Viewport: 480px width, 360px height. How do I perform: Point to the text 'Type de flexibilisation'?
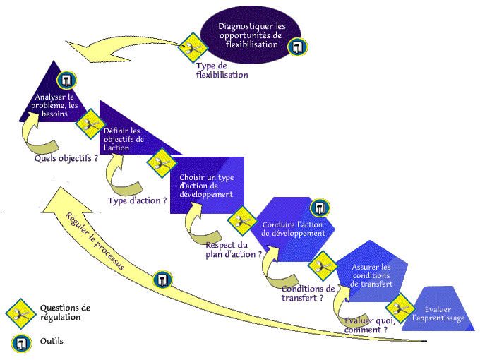coord(222,71)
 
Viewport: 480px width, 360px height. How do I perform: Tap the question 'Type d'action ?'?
coord(138,201)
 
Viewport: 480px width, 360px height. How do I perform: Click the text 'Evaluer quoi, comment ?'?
coord(366,325)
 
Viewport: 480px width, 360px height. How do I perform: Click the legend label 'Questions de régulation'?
coord(66,312)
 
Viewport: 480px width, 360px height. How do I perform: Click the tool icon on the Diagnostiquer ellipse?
coord(297,48)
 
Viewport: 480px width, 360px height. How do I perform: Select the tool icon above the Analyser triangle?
coord(68,78)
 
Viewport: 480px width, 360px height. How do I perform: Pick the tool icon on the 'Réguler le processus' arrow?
coord(164,280)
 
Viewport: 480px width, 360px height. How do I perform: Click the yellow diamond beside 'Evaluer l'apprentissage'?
coord(400,309)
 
